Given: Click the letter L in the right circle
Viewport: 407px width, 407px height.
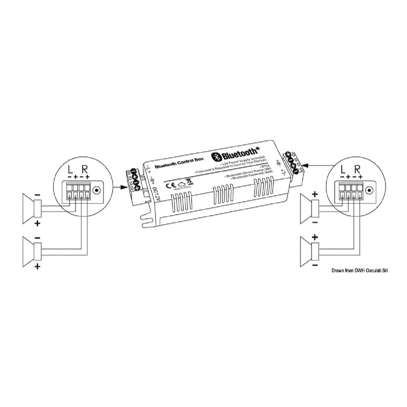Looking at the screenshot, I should point(342,169).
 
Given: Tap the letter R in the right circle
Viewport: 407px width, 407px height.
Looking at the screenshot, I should point(357,169).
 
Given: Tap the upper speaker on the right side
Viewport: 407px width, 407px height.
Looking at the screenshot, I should point(308,208).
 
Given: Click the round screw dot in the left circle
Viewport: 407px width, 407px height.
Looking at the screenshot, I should point(97,190).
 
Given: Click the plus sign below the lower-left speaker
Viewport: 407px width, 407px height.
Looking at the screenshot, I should point(37,267).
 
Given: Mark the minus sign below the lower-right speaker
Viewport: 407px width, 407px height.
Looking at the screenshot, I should point(315,266).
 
